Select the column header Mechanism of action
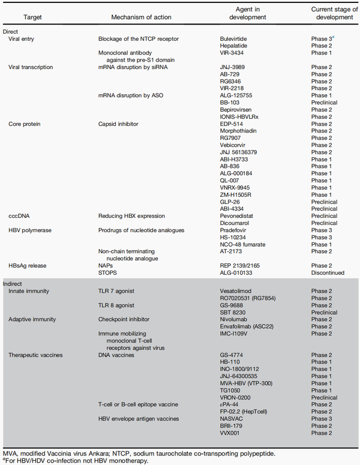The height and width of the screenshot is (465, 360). [129, 14]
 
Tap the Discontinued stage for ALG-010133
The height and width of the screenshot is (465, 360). [328, 272]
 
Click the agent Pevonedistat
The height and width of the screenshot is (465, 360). [238, 215]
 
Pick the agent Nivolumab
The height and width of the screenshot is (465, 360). [234, 319]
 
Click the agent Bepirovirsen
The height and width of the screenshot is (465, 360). [238, 110]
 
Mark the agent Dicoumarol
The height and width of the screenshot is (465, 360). [236, 223]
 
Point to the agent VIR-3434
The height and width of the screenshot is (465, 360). [233, 53]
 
